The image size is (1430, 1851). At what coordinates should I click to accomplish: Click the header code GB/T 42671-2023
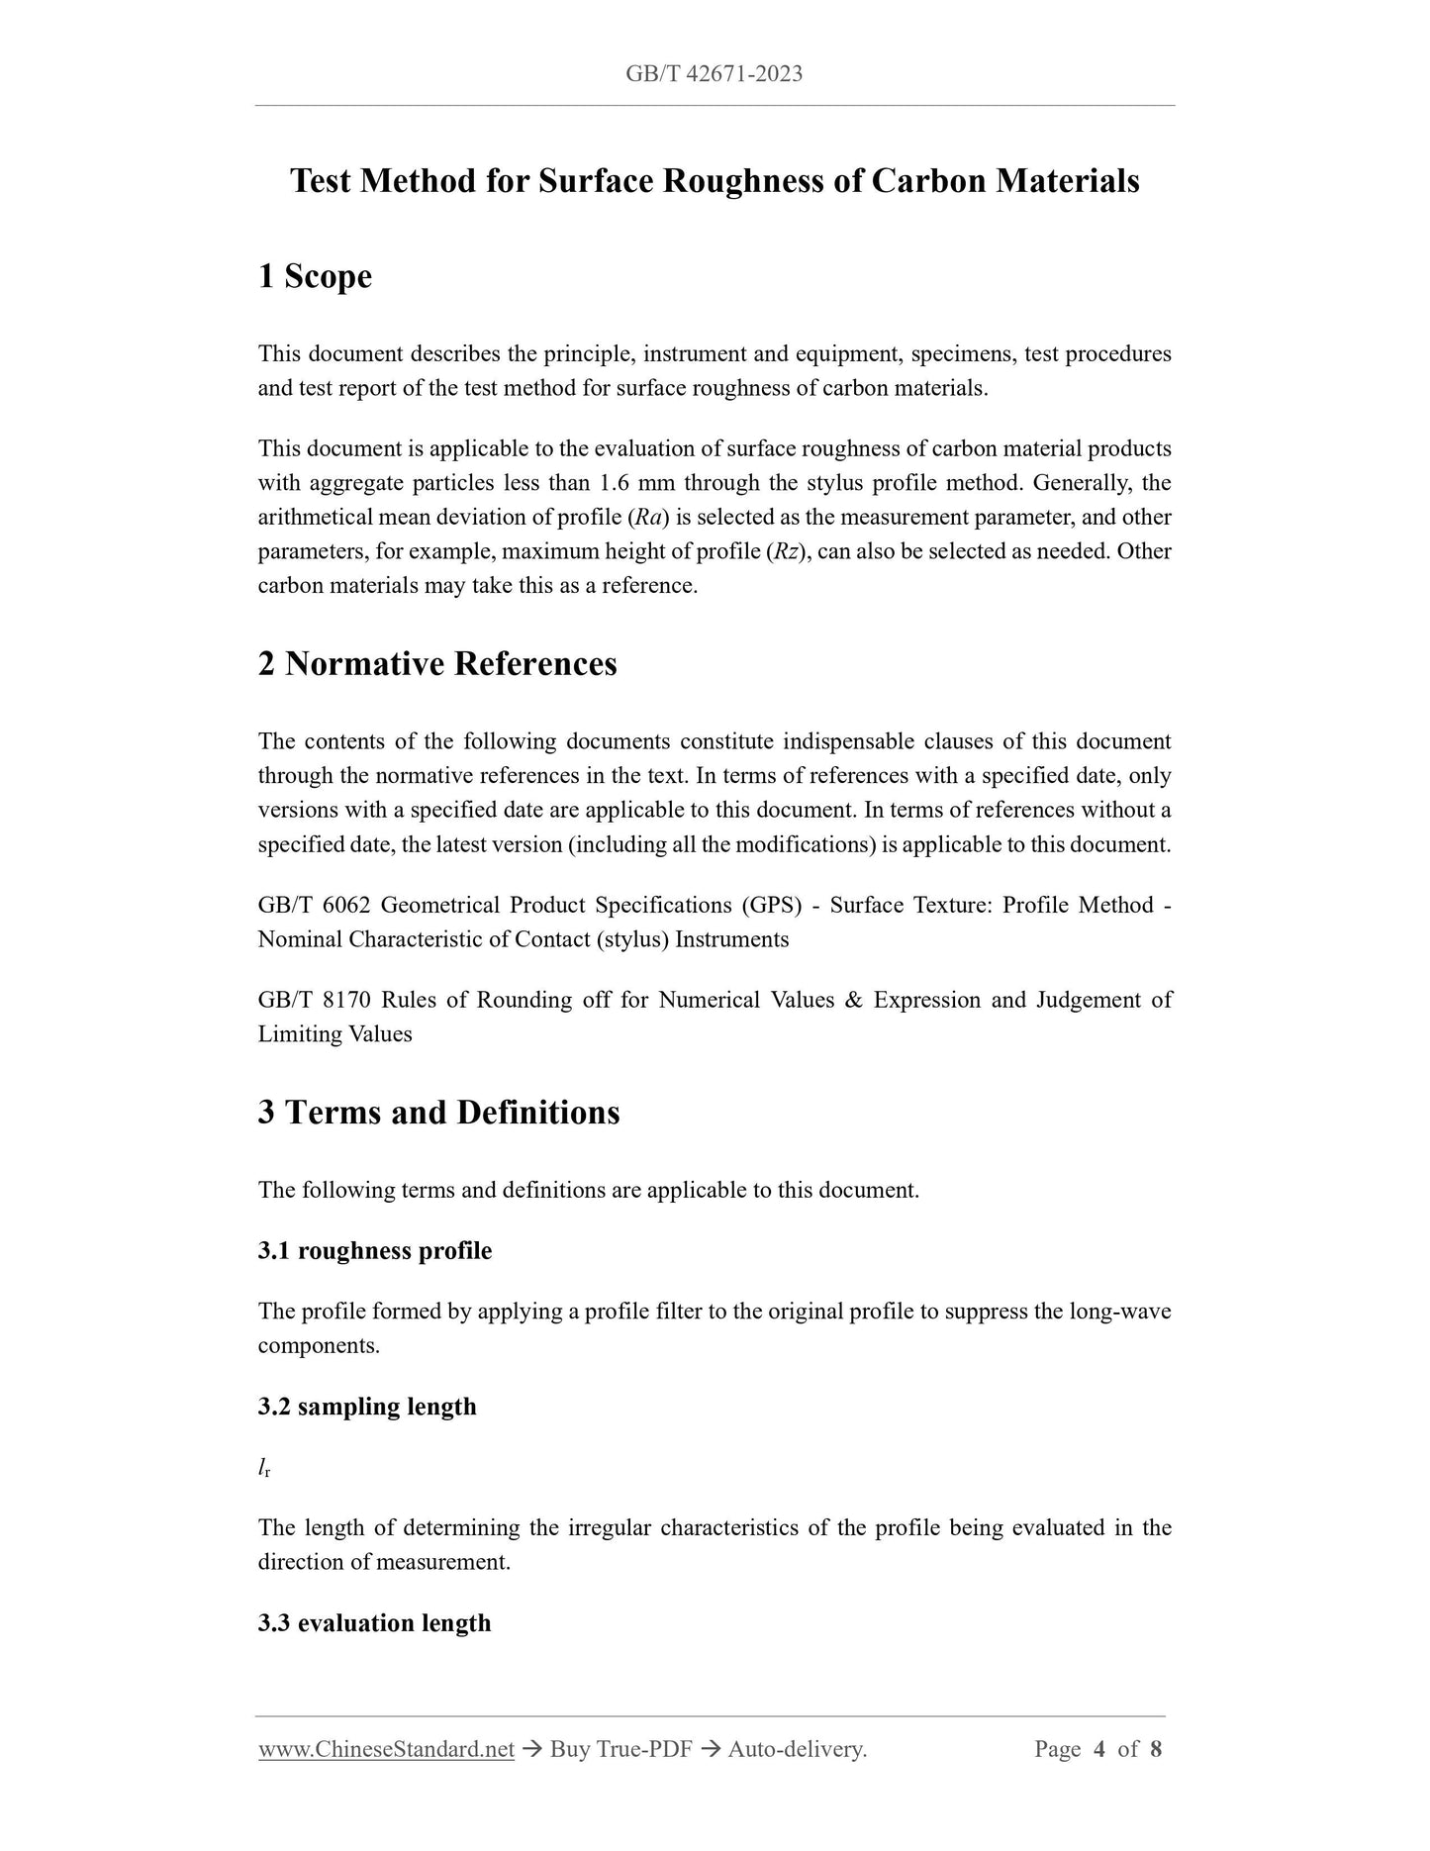(714, 74)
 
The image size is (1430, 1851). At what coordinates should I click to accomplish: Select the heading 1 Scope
(315, 276)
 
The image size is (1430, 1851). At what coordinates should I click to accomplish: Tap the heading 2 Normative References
(436, 663)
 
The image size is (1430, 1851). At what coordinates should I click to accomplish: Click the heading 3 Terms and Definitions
(438, 1113)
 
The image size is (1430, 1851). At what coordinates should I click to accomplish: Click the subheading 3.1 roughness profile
(374, 1251)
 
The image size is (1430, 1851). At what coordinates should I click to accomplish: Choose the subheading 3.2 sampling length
(366, 1407)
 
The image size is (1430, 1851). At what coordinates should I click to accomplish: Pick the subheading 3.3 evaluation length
(374, 1623)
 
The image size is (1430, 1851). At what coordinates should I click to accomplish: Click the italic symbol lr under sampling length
(264, 1468)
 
